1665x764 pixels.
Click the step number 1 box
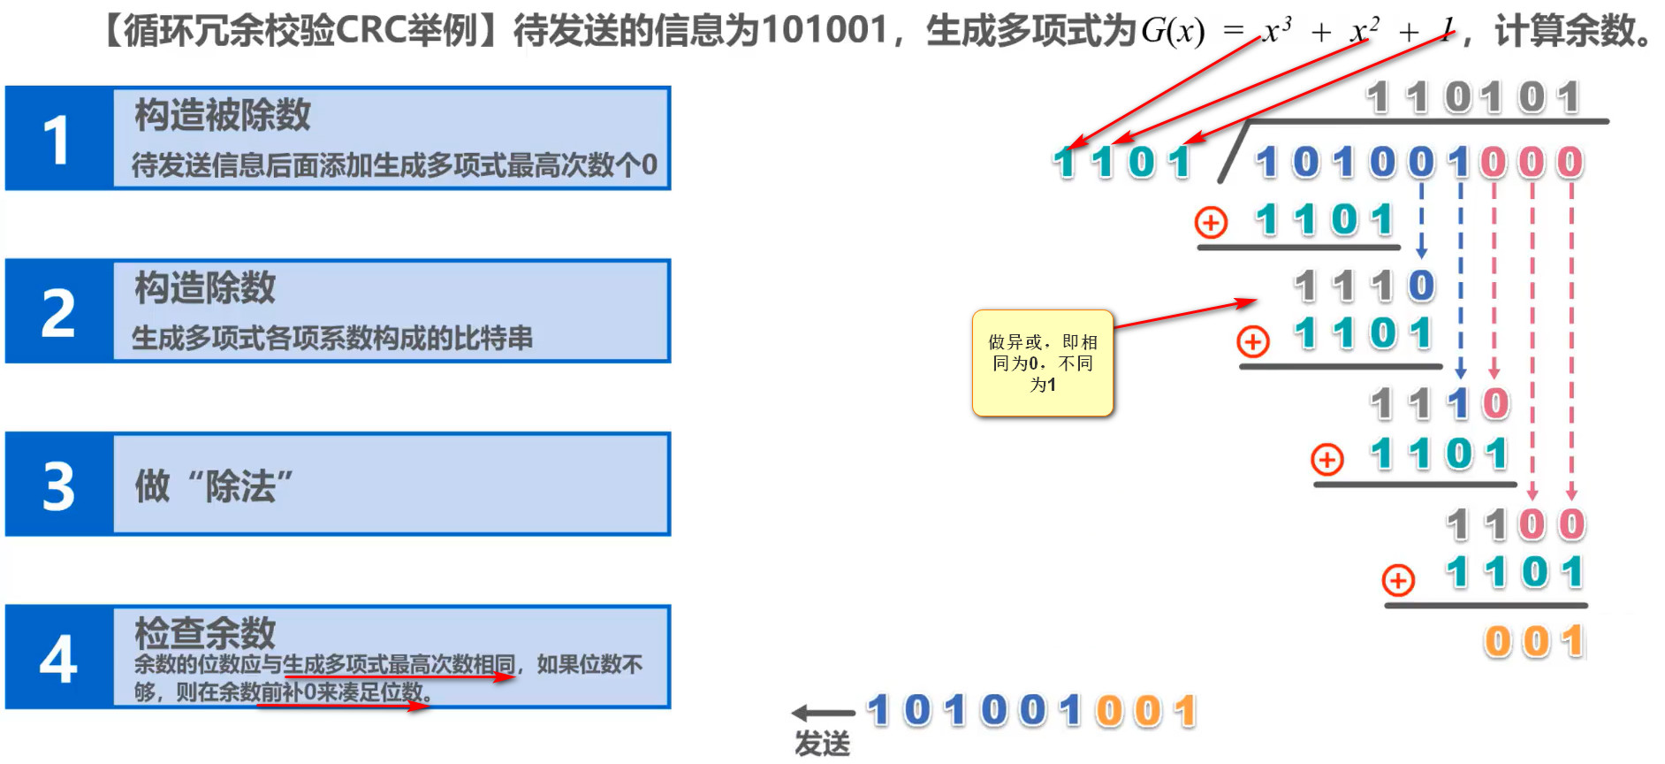[58, 139]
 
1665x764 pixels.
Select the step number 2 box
[58, 312]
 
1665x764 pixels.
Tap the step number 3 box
[58, 485]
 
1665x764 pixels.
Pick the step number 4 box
[58, 658]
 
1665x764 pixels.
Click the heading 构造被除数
[223, 115]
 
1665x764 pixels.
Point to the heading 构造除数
[205, 288]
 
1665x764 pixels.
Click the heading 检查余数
[205, 632]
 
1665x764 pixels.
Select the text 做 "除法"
[214, 485]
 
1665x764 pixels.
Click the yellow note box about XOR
[1042, 363]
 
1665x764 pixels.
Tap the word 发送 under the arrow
[822, 744]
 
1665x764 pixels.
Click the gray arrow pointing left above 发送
[822, 713]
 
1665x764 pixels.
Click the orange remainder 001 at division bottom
[1534, 642]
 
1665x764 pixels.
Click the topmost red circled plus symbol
[1211, 222]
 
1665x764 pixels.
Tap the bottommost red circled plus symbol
[1398, 580]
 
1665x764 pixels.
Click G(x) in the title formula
[1173, 32]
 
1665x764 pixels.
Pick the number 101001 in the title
[824, 30]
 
